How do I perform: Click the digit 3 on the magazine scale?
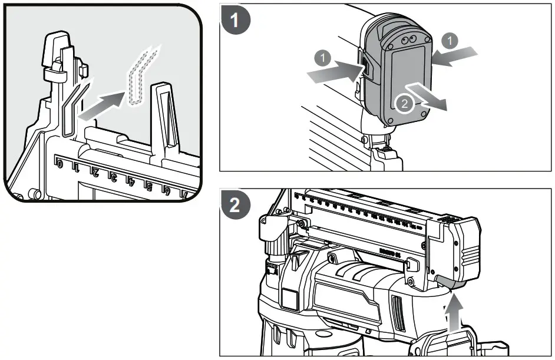(x=113, y=176)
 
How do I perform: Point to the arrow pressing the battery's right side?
(x=454, y=56)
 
